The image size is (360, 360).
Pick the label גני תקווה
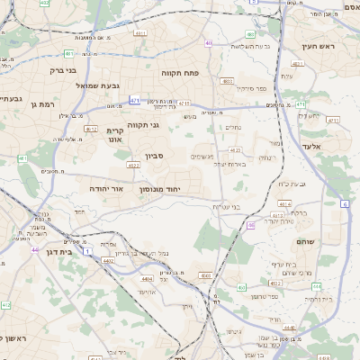(143, 124)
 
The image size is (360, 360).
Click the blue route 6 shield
(345, 205)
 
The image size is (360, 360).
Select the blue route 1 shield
(87, 250)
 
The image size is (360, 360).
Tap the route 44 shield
(34, 249)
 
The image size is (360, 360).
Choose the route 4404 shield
(147, 279)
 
